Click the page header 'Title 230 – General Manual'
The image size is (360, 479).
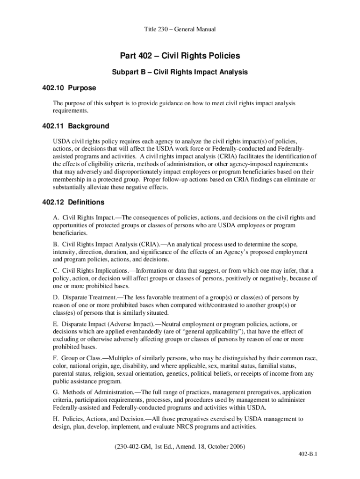point(180,29)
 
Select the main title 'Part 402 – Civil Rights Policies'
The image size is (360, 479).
point(180,56)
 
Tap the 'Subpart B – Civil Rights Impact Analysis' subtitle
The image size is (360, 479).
point(180,73)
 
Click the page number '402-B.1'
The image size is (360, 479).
point(309,454)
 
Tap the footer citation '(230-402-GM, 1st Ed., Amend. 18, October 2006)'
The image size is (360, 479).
point(180,446)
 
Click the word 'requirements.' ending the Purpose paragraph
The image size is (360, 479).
point(70,111)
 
